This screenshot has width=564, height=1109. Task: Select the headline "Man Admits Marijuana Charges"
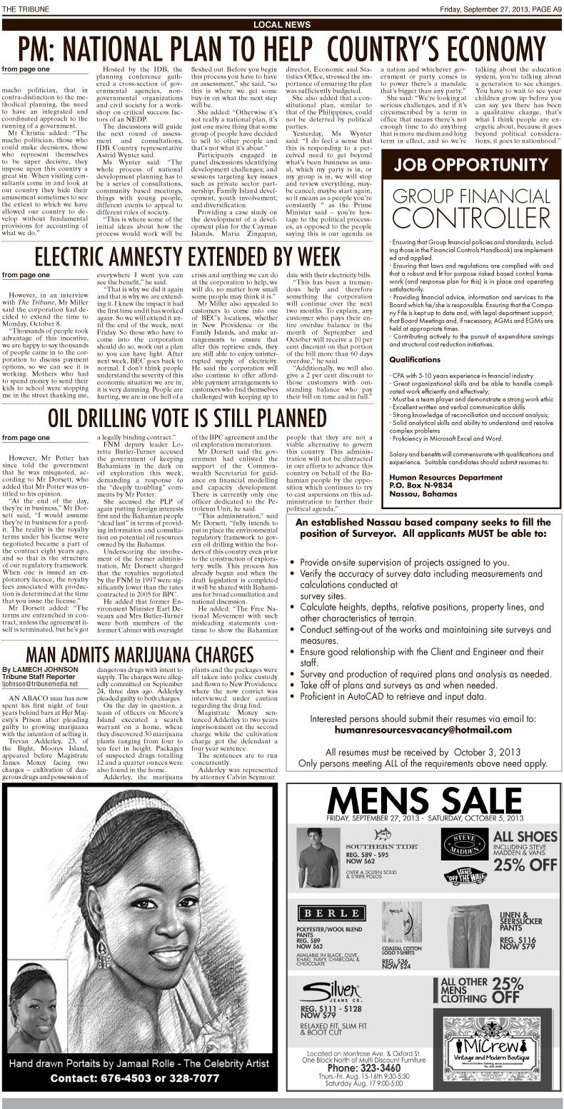tap(139, 654)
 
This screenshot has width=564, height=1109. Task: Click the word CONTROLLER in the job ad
tap(470, 214)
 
